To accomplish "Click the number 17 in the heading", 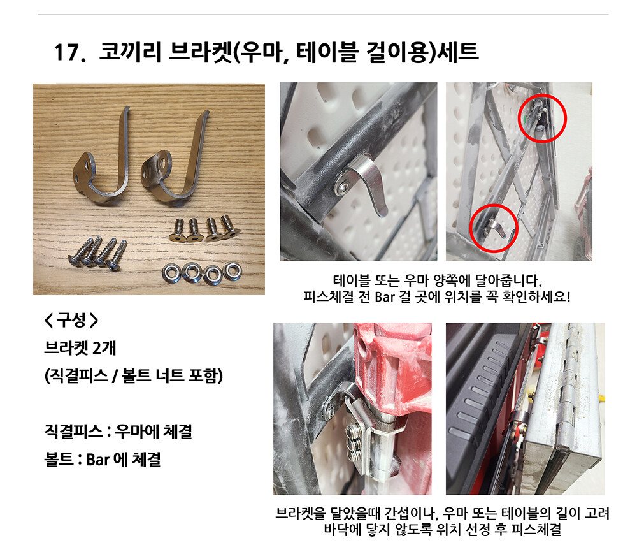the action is (x=66, y=52).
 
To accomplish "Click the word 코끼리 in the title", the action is (x=130, y=52).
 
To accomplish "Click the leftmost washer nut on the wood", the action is (x=171, y=272).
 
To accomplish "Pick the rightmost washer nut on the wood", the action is (x=233, y=271).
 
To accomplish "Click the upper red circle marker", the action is (x=542, y=96).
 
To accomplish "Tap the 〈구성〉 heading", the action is (x=71, y=320).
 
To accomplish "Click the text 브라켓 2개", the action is (x=80, y=348).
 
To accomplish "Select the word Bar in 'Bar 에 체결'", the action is (x=98, y=460).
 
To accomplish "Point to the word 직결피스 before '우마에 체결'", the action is (x=73, y=432).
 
